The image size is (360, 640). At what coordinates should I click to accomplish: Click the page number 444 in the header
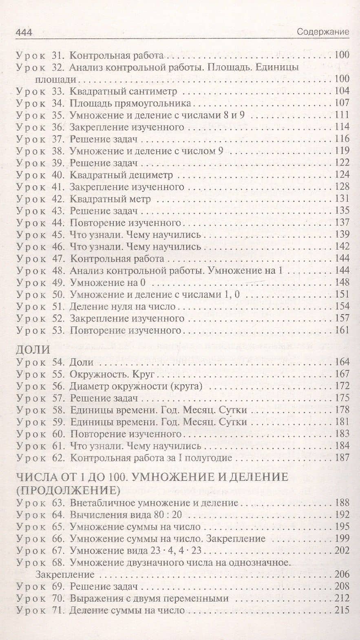point(23,32)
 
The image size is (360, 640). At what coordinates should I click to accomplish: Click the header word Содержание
point(322,32)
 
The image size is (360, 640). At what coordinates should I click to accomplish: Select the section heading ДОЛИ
point(33,350)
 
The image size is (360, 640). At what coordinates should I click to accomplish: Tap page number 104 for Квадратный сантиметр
point(341,91)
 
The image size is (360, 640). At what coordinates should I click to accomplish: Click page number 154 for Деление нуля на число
point(341,306)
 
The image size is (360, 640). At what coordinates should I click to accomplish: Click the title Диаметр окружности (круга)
point(136,385)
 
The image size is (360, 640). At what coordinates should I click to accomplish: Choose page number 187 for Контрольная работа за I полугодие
point(341,457)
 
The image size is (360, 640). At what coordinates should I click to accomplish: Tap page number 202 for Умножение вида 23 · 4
point(341,550)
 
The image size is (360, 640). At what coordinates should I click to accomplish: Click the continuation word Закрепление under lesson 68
point(65,575)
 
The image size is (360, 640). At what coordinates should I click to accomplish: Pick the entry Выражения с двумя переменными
point(148,598)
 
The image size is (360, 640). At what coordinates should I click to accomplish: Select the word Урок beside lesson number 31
point(31,55)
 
